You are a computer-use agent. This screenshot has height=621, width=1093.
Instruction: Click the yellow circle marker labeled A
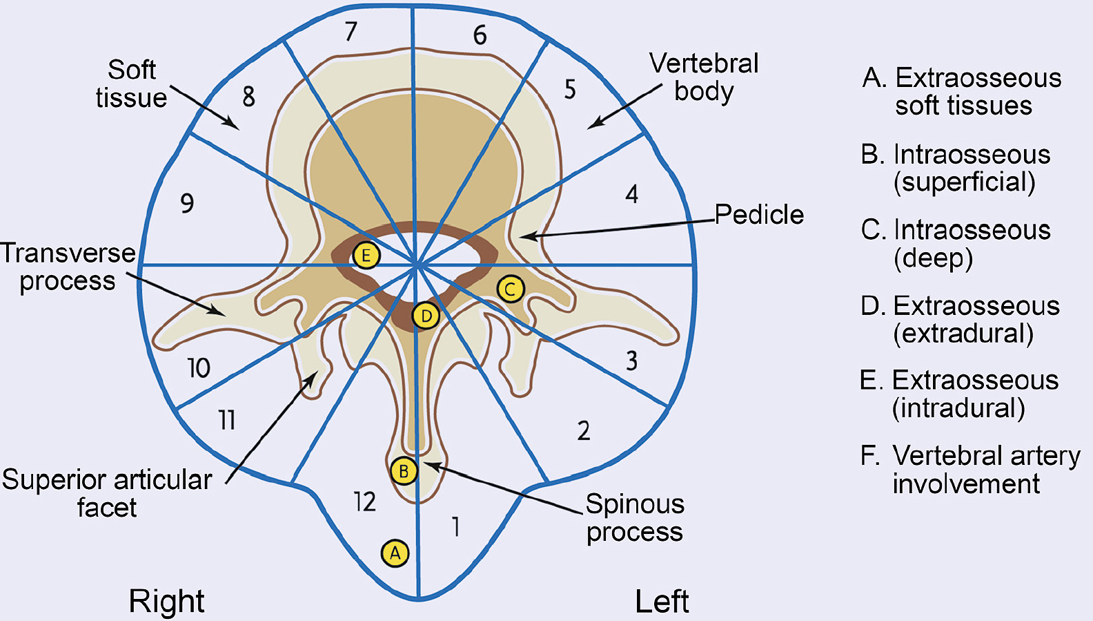click(x=395, y=553)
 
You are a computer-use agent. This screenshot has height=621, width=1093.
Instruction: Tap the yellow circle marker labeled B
click(x=404, y=471)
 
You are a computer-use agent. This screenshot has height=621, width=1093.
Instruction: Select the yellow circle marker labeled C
click(x=510, y=289)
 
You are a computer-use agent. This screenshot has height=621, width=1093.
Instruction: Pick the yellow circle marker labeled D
click(x=426, y=316)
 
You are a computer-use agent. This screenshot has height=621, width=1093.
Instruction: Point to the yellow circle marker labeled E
click(x=366, y=256)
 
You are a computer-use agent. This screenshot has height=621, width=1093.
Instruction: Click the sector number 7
click(x=351, y=32)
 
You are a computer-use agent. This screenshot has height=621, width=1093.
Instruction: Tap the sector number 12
click(x=365, y=501)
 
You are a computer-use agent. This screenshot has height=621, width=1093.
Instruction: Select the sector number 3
click(x=631, y=361)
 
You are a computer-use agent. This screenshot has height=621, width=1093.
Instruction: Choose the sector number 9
click(x=187, y=203)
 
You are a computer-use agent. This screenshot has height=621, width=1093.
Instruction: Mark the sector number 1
click(x=455, y=527)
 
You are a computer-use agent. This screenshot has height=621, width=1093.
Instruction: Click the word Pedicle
click(x=759, y=215)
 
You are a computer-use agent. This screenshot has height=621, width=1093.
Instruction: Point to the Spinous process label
click(x=635, y=518)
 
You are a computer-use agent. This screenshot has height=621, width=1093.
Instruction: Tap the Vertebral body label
click(x=704, y=77)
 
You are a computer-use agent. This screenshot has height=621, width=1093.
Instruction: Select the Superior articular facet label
click(x=107, y=493)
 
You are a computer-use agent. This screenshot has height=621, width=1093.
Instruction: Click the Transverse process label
click(x=68, y=267)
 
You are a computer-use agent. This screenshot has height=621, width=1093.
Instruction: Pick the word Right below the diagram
click(x=166, y=601)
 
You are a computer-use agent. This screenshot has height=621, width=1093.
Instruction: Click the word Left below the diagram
click(x=662, y=601)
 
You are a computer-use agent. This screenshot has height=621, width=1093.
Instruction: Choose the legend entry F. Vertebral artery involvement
click(x=970, y=470)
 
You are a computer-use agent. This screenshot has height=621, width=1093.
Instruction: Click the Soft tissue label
click(x=131, y=84)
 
